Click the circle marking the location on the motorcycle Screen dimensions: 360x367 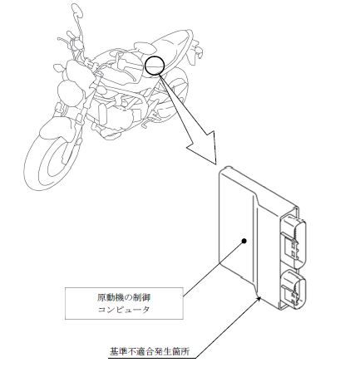click(x=145, y=66)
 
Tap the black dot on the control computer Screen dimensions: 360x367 click(x=244, y=241)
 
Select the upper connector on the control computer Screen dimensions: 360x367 click(x=293, y=240)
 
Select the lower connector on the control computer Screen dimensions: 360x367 click(x=293, y=287)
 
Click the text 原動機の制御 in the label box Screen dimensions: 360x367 click(x=124, y=298)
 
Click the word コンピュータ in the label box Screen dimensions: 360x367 click(x=124, y=310)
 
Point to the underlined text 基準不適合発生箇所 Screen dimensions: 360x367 click(x=150, y=351)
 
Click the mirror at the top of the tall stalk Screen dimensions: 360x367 click(x=77, y=10)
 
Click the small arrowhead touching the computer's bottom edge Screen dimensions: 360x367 click(x=259, y=298)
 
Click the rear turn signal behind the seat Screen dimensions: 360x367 click(x=199, y=51)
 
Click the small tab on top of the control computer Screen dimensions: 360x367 click(x=228, y=168)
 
